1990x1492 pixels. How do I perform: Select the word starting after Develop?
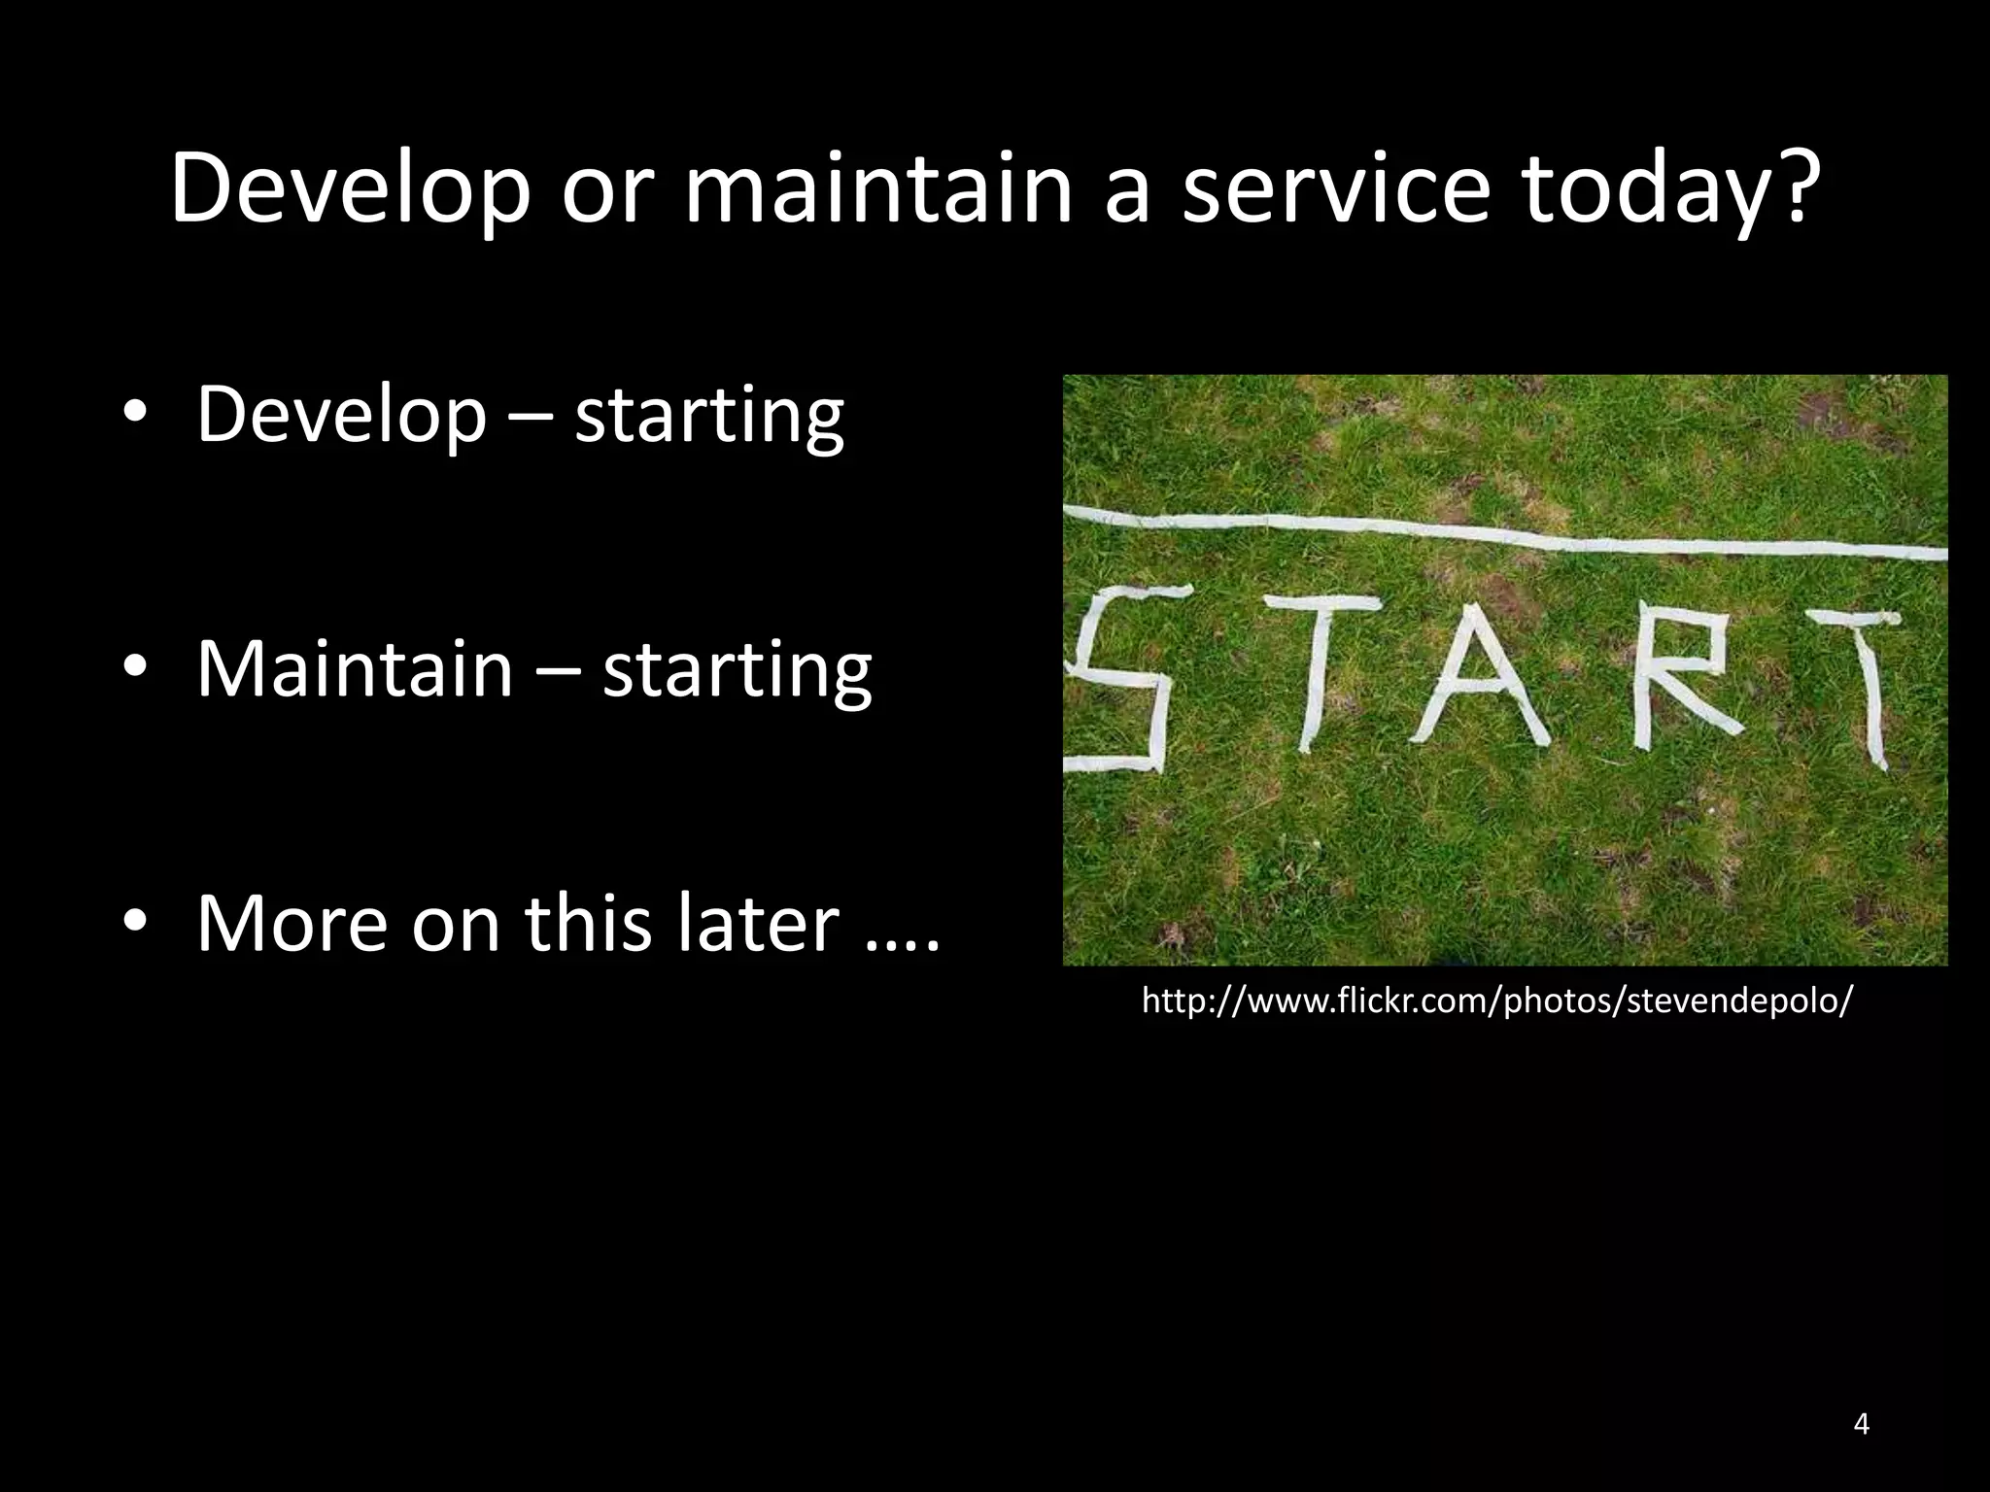[x=709, y=415]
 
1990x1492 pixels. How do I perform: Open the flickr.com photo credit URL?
[x=1496, y=1000]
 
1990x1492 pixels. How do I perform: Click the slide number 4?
[x=1861, y=1424]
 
